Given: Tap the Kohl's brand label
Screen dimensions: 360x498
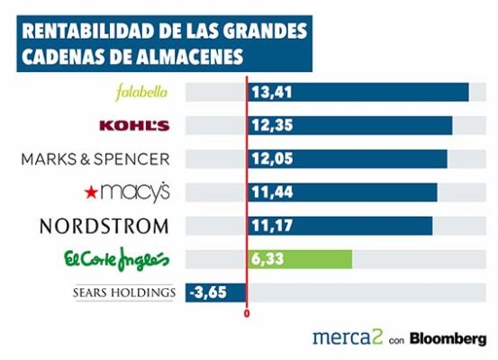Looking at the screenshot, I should point(135,125).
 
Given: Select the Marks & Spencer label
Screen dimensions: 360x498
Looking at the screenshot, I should point(95,158).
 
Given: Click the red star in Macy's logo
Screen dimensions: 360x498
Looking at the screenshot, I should point(87,193).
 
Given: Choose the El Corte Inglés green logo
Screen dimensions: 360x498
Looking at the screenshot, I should point(116,259).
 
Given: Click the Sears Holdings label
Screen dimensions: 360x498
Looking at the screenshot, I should point(122,292).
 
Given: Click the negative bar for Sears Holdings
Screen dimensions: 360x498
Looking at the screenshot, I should point(216,292).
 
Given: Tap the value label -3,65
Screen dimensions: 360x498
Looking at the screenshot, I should point(207,292).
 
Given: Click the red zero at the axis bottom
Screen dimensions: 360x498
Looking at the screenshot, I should point(246,315).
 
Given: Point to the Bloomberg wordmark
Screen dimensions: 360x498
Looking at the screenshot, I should point(448,338).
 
